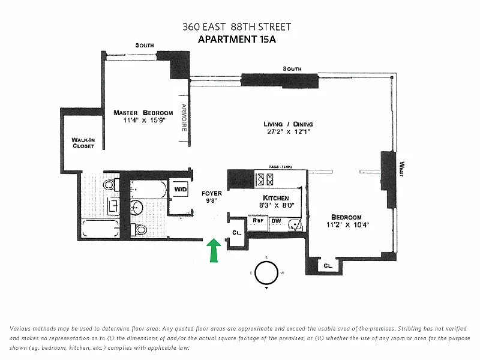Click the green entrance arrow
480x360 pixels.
coord(214,250)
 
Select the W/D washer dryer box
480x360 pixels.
coord(181,189)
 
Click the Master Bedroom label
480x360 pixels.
coord(143,113)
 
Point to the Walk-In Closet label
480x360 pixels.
coord(83,143)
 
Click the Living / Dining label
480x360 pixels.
coord(288,124)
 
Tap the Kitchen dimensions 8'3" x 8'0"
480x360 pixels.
coord(277,205)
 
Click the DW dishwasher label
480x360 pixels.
coord(276,221)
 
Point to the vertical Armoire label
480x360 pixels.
coord(184,118)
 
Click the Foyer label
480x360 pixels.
coord(212,193)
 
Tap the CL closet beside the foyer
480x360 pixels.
coord(236,233)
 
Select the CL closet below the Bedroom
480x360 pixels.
coord(328,265)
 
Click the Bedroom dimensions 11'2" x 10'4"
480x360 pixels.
coord(348,225)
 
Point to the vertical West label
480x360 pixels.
coord(402,169)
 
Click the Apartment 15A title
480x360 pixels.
coord(237,40)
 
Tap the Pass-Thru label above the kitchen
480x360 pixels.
coord(280,167)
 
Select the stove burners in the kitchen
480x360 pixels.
coord(265,179)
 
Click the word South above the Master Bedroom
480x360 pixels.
coord(145,46)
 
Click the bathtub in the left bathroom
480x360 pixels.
coord(100,229)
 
